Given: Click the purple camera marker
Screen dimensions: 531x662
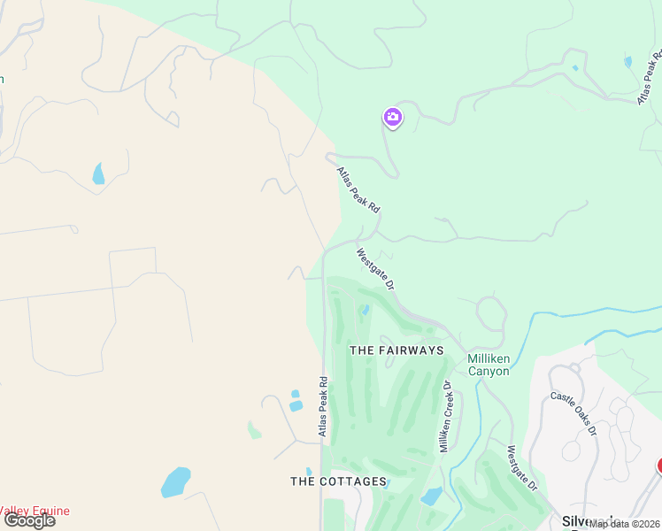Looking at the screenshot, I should tap(393, 117).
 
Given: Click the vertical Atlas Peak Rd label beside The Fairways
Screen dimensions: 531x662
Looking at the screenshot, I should tap(324, 406).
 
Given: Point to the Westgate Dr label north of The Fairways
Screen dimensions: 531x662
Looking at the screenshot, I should tap(374, 268).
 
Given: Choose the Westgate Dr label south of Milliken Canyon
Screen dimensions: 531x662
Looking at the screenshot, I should tap(522, 468).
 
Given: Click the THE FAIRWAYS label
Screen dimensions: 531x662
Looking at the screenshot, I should tap(396, 350).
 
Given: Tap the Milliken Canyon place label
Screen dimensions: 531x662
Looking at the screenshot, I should tap(488, 365).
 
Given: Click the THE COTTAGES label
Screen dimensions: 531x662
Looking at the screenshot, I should tap(339, 481).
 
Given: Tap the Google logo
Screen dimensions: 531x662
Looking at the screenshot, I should tap(28, 520).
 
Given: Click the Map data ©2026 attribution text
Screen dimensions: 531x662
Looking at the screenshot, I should tap(624, 524).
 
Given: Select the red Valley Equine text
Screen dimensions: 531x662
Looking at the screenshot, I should tap(34, 511).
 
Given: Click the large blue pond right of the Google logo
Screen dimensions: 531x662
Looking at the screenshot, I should tap(175, 482).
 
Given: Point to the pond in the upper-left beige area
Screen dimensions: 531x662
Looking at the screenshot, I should tap(97, 173).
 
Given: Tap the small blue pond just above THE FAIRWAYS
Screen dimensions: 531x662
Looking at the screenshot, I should tap(365, 311).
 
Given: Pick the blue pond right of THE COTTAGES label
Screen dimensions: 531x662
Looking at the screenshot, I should tap(432, 496).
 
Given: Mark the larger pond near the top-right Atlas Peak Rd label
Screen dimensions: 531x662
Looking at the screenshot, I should tap(627, 63).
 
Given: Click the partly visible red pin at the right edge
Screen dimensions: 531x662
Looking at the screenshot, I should tap(658, 465).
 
